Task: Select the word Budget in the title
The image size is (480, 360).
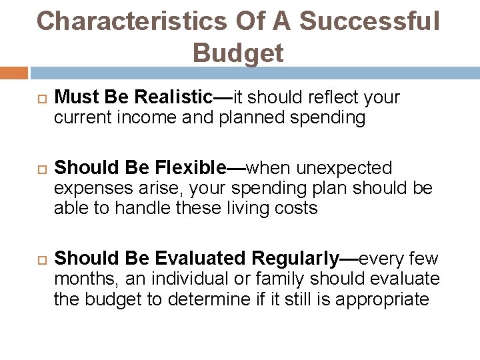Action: tap(239, 51)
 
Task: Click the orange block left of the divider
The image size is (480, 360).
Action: tap(14, 71)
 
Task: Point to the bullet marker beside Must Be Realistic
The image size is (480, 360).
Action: tap(27, 99)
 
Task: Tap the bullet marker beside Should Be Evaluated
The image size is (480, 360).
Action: tap(27, 256)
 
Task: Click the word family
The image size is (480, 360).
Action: tap(273, 278)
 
